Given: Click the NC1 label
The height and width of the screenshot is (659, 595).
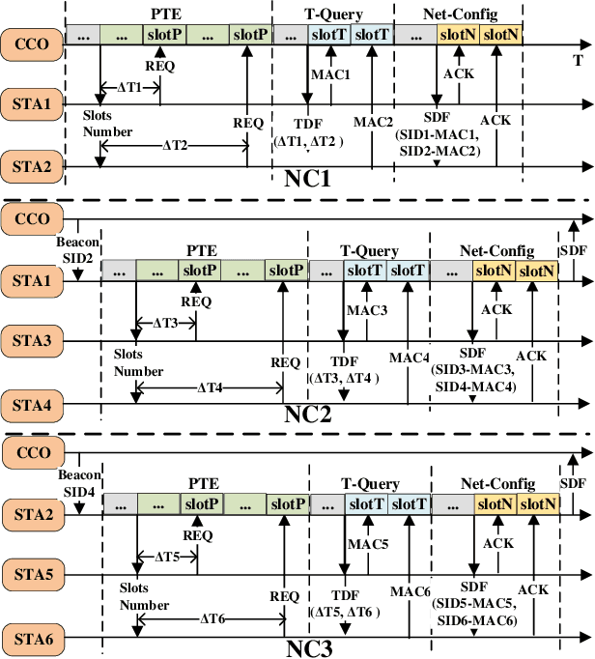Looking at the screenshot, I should tap(309, 180).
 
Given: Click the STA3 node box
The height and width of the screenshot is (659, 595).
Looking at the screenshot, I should tap(32, 340).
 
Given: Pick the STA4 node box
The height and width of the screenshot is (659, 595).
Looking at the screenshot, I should tap(32, 399).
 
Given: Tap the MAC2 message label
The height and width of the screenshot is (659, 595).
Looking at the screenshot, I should tap(373, 122).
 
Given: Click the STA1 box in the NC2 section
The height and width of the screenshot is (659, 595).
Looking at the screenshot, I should tap(32, 280).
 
